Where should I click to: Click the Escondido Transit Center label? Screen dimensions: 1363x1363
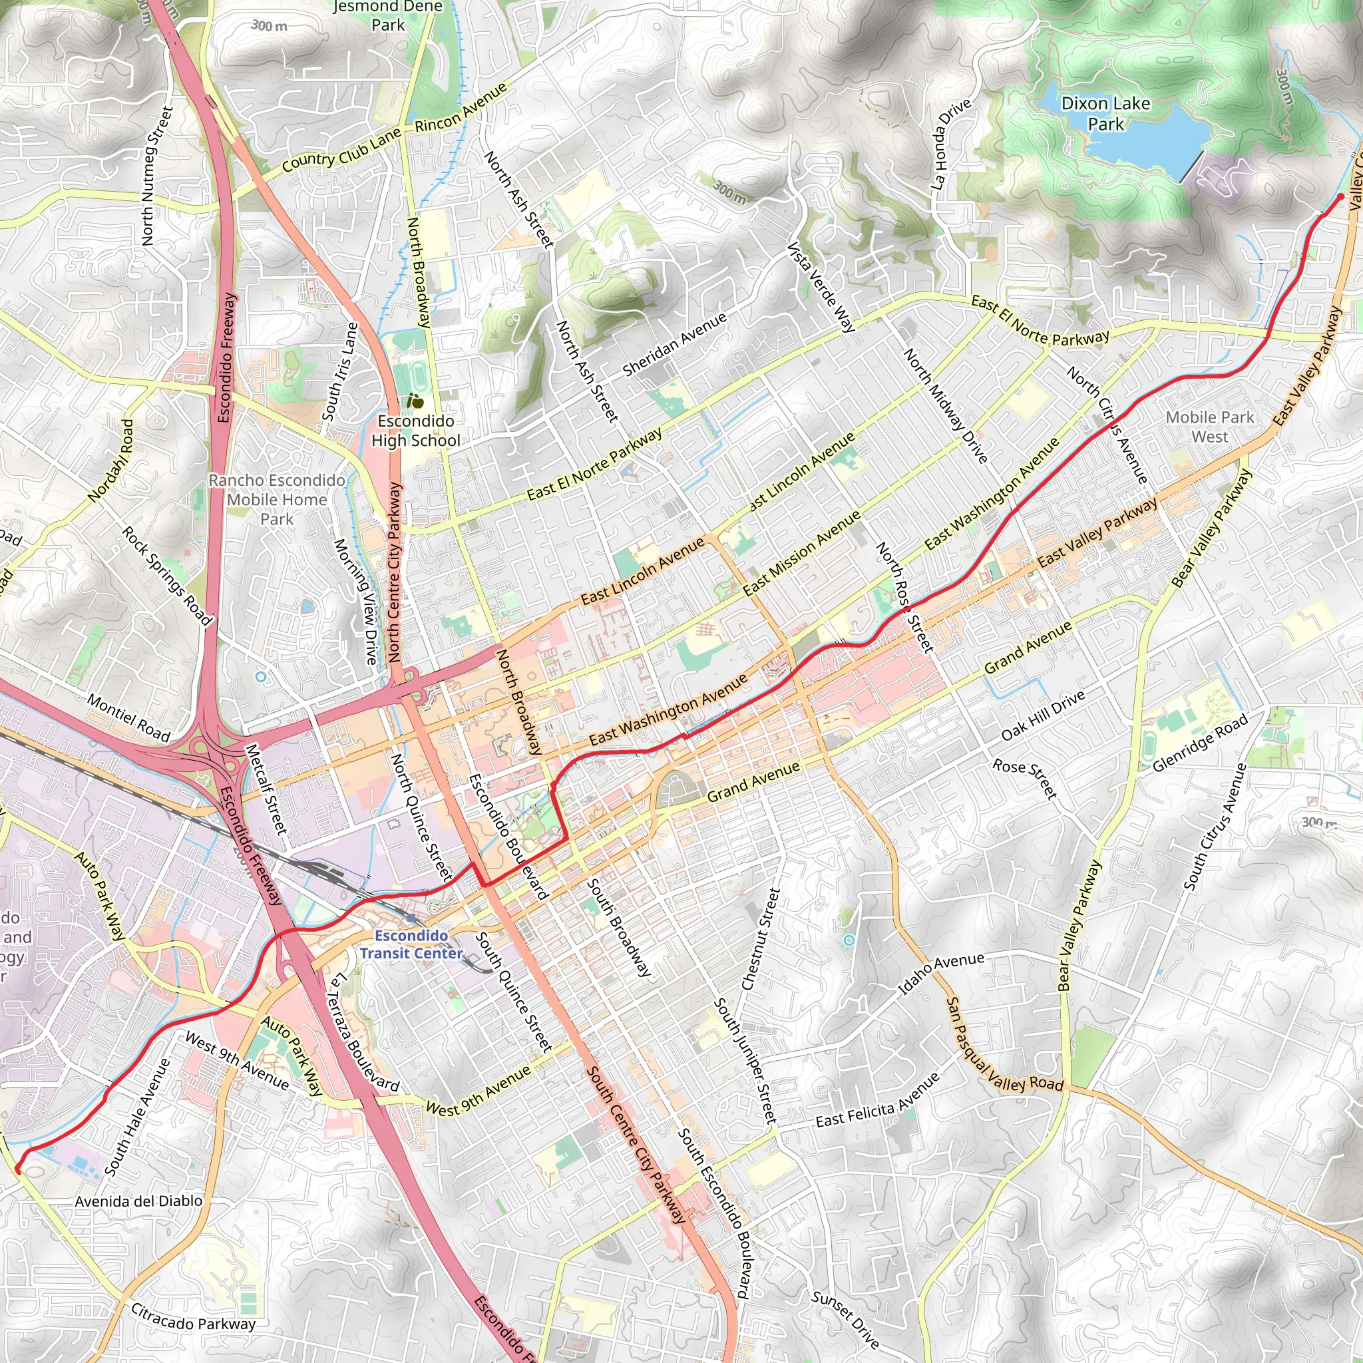[411, 944]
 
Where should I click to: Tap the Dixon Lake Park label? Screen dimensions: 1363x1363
[1105, 114]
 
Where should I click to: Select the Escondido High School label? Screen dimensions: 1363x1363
[415, 431]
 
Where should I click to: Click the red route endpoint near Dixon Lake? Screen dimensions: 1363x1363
[1340, 197]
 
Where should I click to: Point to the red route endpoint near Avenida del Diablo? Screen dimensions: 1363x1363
[19, 1171]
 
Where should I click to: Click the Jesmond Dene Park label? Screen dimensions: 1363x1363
[388, 15]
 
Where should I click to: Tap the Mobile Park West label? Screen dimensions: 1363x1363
[1210, 427]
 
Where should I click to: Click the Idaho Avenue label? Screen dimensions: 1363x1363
[940, 974]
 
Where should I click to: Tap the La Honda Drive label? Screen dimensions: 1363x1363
[949, 144]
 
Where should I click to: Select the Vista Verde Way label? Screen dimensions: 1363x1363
[821, 286]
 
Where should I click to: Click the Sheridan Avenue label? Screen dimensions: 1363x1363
[674, 344]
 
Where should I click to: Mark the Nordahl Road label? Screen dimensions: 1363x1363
[110, 461]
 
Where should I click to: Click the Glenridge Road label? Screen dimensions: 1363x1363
[1200, 743]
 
